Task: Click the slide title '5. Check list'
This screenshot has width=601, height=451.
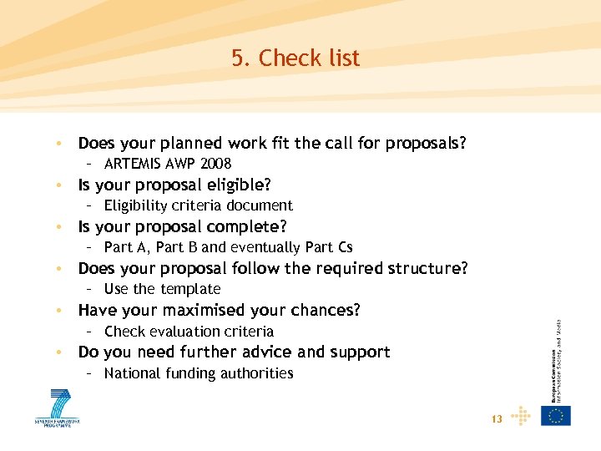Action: [x=295, y=58]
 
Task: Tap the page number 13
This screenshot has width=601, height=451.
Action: [x=497, y=419]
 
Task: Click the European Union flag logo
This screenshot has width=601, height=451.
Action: [x=555, y=415]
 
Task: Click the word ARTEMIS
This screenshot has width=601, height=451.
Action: [x=131, y=164]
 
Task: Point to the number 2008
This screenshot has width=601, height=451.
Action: [x=215, y=164]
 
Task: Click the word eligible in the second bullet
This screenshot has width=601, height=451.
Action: [x=240, y=185]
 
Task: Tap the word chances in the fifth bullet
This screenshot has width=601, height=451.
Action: [x=329, y=310]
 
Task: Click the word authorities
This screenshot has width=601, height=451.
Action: [x=258, y=373]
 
